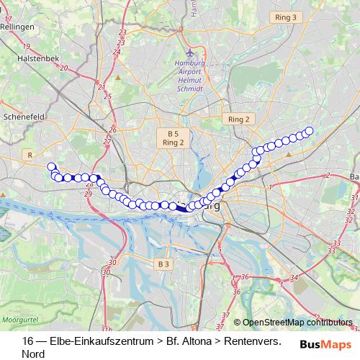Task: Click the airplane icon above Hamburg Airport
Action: tap(189, 53)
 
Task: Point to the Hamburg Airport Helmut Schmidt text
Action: tap(189, 76)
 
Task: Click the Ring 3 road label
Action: tap(286, 16)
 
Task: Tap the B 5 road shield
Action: tap(173, 134)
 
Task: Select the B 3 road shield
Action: tap(163, 264)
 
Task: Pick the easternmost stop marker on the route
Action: tap(310, 130)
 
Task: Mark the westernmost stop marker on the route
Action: tap(51, 166)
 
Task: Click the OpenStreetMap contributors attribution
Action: tap(297, 323)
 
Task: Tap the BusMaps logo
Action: tap(325, 344)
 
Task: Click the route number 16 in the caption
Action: tap(27, 341)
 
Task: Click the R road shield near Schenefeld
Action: tap(29, 154)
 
